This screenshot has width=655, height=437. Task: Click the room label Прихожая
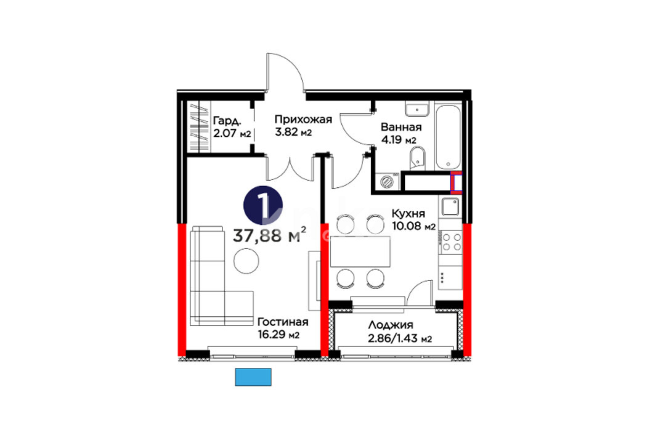[x=303, y=120]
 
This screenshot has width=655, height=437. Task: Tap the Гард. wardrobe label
[x=227, y=121]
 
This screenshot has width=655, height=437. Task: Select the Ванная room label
[x=401, y=127]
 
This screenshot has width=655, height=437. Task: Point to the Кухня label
[x=408, y=213]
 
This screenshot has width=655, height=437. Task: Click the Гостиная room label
[x=283, y=322]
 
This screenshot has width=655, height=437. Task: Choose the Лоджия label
[x=391, y=325]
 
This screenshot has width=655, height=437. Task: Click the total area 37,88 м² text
[x=269, y=235]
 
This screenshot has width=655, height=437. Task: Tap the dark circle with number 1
[x=263, y=205]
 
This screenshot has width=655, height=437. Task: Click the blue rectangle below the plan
[x=253, y=377]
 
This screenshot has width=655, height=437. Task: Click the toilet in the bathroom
[x=417, y=159]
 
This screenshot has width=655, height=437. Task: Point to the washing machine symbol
[x=388, y=182]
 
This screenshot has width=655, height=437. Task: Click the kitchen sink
[x=450, y=206]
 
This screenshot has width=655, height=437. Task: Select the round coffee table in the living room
[x=246, y=261]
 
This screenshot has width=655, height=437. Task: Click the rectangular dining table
[x=360, y=251]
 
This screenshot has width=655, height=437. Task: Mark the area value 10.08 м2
[x=413, y=226]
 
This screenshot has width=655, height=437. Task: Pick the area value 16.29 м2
[x=279, y=335]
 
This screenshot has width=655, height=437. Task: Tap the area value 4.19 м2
[x=399, y=139]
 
